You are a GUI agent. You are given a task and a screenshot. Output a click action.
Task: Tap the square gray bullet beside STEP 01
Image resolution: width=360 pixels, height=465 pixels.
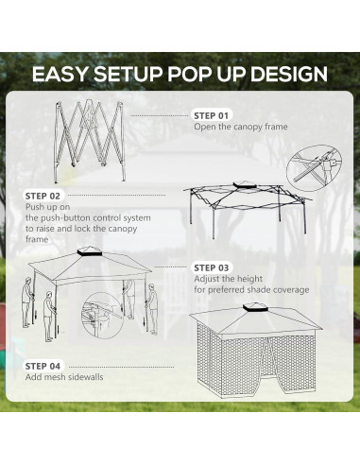187,114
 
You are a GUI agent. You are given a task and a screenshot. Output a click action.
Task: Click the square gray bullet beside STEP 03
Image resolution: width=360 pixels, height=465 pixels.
187,267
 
